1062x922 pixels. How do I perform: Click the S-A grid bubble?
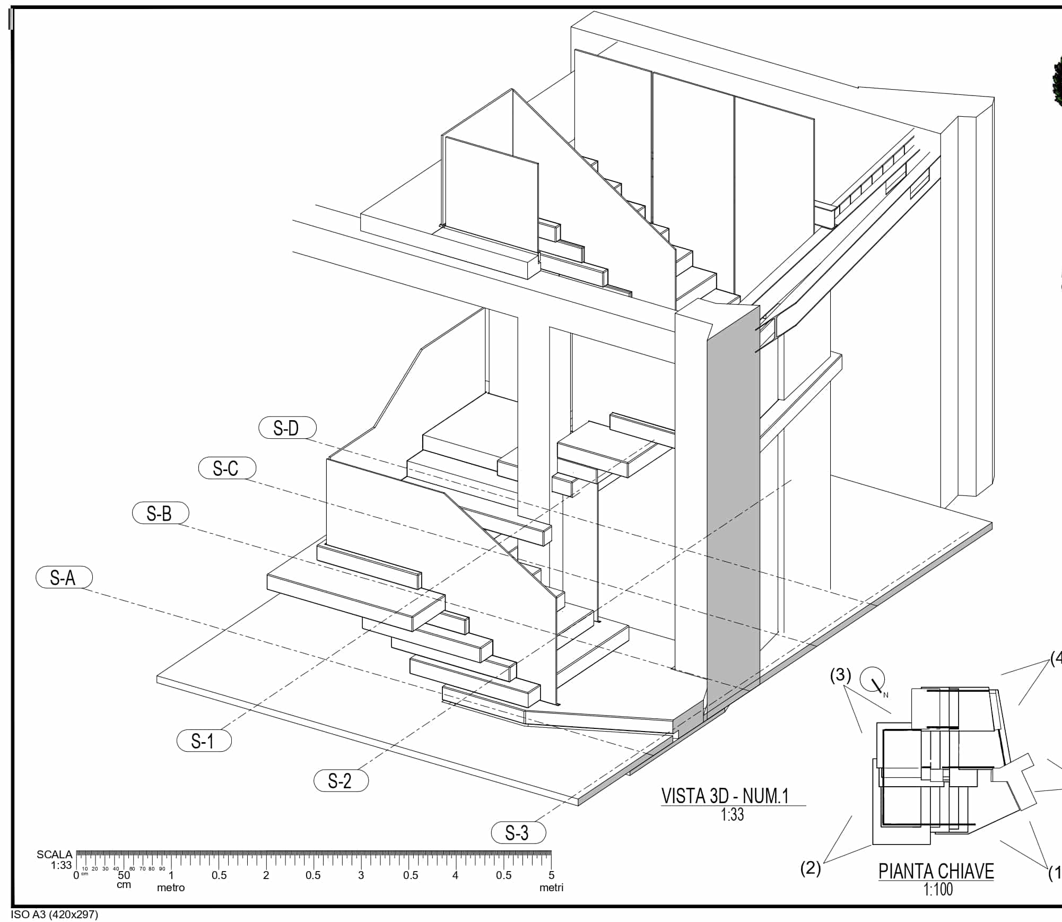click(x=64, y=577)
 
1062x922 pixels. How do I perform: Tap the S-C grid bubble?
click(x=227, y=468)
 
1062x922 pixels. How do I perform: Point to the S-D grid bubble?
click(x=288, y=428)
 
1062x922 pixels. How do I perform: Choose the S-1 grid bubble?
click(x=204, y=741)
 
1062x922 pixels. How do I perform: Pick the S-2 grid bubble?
click(x=341, y=780)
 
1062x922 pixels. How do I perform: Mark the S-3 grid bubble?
click(x=518, y=832)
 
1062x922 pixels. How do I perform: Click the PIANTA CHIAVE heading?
click(x=936, y=872)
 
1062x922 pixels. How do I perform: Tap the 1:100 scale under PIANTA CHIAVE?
click(x=938, y=890)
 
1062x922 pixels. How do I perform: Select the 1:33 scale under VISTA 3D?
click(x=732, y=814)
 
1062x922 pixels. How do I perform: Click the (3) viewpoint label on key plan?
click(x=840, y=676)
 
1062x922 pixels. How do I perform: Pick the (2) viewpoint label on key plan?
click(x=810, y=868)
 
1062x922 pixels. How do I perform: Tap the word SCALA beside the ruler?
click(x=54, y=855)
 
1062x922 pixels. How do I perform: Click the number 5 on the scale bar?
click(x=551, y=875)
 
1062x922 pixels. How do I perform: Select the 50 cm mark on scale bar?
click(x=124, y=876)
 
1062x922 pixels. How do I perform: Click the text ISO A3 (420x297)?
click(x=54, y=915)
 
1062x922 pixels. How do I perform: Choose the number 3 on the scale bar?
click(x=361, y=875)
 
